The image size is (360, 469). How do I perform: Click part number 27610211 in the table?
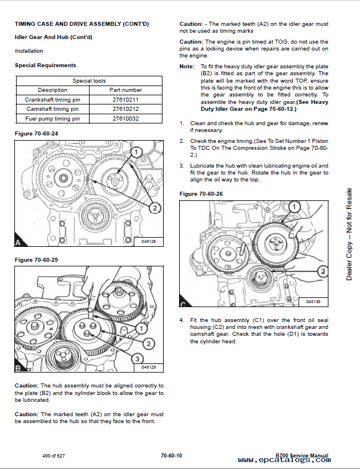pos(126,99)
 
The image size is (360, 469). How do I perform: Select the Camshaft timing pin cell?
pos(52,109)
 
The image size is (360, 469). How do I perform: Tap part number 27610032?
pos(126,119)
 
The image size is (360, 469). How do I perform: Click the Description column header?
pos(52,90)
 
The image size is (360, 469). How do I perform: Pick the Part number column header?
pos(126,90)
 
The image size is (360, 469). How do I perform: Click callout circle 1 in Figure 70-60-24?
pos(137,152)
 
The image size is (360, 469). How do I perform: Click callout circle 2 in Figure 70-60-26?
pos(323,271)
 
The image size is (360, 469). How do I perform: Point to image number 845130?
pos(313,301)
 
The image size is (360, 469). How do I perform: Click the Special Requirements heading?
pos(45,65)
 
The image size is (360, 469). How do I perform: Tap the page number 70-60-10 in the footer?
pos(172,455)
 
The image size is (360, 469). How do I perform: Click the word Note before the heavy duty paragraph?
pos(187,67)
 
